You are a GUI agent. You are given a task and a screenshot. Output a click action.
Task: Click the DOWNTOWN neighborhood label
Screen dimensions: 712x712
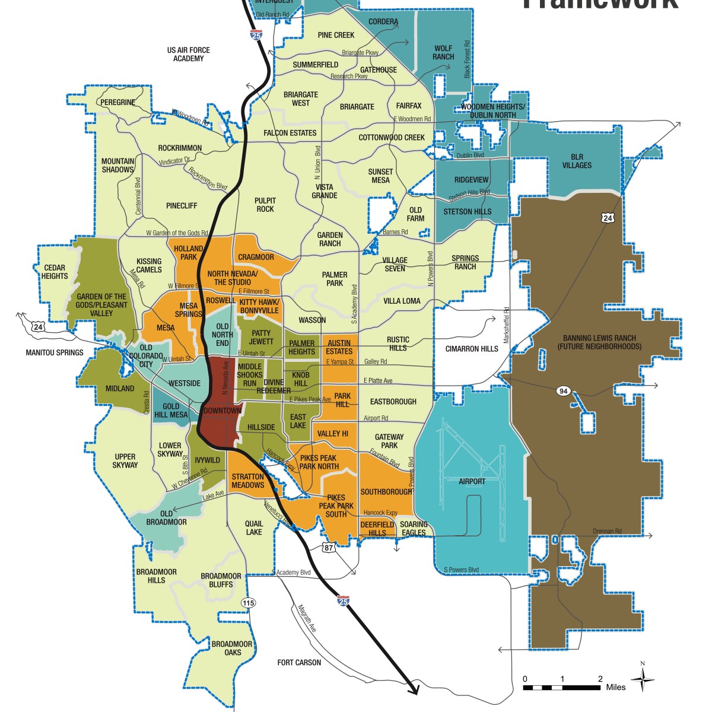[222, 411]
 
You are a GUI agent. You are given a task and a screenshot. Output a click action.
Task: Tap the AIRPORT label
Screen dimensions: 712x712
[472, 482]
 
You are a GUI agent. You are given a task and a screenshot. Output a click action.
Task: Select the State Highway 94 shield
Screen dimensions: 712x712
[563, 390]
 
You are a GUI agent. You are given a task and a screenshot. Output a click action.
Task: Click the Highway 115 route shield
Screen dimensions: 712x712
[248, 603]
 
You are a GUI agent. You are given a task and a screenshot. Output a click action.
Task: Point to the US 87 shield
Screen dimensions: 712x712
[329, 548]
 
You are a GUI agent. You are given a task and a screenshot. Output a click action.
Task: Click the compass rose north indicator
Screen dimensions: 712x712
[642, 679]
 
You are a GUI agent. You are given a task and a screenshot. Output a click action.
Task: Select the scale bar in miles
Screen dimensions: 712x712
[561, 687]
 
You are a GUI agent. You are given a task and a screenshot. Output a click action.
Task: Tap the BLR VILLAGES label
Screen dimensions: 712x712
[577, 161]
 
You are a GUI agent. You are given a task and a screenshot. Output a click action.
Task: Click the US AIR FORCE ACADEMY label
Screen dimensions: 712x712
[188, 54]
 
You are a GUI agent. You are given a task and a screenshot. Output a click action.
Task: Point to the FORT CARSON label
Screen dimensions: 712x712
[299, 662]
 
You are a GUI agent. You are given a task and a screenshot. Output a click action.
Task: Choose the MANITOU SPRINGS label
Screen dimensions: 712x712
[55, 352]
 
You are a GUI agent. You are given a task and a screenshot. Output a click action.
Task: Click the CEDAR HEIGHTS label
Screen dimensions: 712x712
[55, 272]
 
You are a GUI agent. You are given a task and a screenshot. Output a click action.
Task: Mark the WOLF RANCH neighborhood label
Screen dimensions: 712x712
[443, 53]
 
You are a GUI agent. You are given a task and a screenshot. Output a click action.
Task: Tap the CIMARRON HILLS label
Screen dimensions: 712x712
[472, 349]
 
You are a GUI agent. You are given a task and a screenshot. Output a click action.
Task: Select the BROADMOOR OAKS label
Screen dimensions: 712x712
[232, 648]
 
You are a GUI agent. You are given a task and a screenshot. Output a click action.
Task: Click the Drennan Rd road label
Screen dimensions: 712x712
[607, 531]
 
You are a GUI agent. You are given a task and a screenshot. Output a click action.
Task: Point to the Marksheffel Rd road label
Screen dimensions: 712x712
[506, 325]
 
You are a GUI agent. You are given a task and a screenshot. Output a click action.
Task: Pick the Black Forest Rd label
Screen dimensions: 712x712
[467, 59]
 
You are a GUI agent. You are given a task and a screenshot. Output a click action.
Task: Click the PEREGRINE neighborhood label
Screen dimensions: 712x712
[117, 102]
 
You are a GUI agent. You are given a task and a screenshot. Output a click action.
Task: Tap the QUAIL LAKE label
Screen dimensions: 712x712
[254, 527]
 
